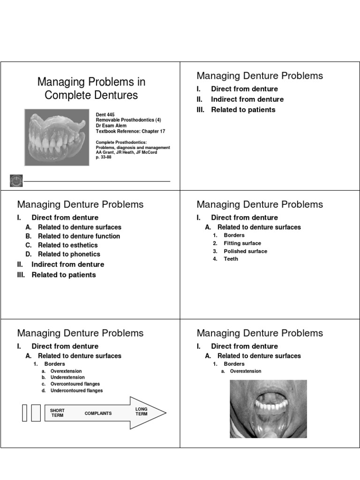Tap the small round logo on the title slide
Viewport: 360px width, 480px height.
(15, 180)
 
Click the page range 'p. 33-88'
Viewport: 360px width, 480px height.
(104, 157)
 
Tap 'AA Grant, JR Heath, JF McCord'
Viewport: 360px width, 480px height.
(127, 152)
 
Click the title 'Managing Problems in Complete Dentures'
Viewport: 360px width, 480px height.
(91, 89)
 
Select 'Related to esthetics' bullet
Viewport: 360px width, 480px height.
(67, 245)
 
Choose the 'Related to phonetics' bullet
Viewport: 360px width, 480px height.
(69, 254)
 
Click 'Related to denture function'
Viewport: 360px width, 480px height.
(79, 236)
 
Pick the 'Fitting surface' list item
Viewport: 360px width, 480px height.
(242, 243)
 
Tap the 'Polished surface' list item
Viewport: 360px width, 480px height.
(245, 251)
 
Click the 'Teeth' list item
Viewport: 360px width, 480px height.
(231, 259)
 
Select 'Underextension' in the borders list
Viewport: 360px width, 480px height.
(67, 377)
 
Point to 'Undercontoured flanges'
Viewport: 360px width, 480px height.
(76, 390)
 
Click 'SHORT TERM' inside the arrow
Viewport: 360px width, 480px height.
(57, 413)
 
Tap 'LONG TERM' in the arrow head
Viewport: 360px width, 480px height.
(141, 412)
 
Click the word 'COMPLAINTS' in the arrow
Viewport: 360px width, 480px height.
(98, 413)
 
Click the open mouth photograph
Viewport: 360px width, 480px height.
(268, 409)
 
